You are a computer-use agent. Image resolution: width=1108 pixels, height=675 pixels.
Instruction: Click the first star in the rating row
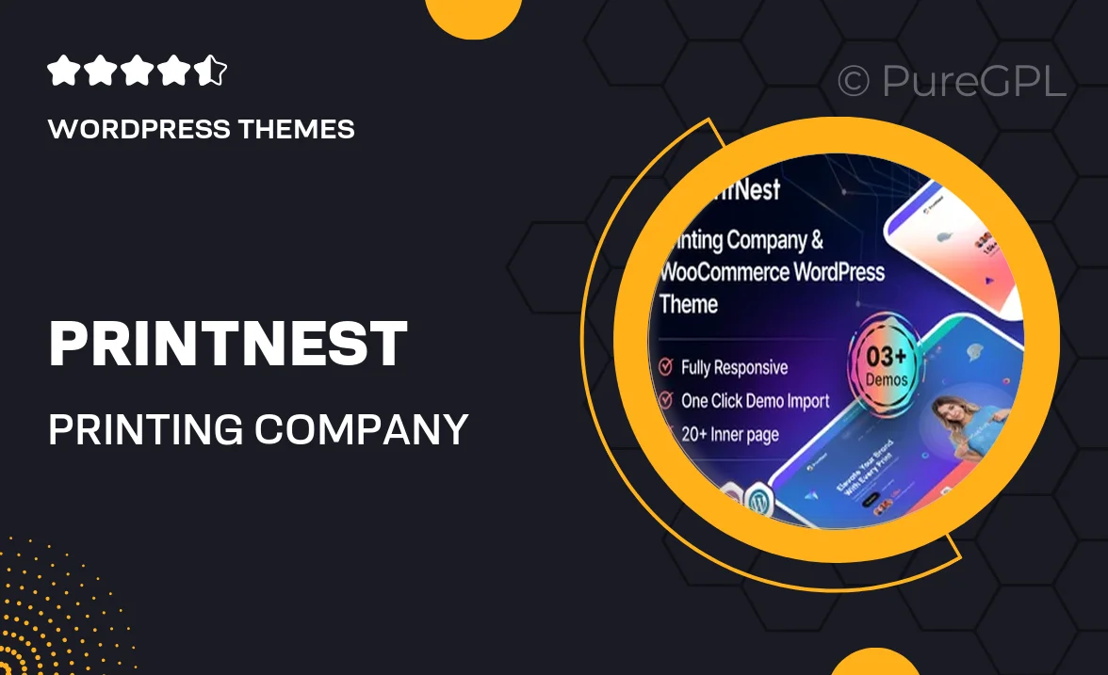click(x=62, y=72)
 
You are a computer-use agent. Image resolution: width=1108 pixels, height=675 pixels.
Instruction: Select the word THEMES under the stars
click(x=301, y=129)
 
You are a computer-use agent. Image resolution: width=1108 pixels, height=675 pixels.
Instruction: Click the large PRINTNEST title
click(x=228, y=345)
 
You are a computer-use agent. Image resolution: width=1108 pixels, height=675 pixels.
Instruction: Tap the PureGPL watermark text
click(x=973, y=82)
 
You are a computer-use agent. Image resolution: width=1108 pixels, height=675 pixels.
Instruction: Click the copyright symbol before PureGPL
click(x=853, y=82)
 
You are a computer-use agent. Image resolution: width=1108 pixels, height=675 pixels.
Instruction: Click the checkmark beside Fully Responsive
click(x=665, y=366)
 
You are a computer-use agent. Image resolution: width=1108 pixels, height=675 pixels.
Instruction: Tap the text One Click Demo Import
click(x=755, y=400)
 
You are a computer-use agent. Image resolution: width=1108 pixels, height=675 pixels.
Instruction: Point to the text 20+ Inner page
click(x=730, y=434)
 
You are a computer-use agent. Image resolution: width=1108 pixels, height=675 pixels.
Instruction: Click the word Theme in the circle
click(x=689, y=304)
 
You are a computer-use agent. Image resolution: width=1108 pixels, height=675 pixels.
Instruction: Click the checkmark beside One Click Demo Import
click(x=665, y=400)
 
